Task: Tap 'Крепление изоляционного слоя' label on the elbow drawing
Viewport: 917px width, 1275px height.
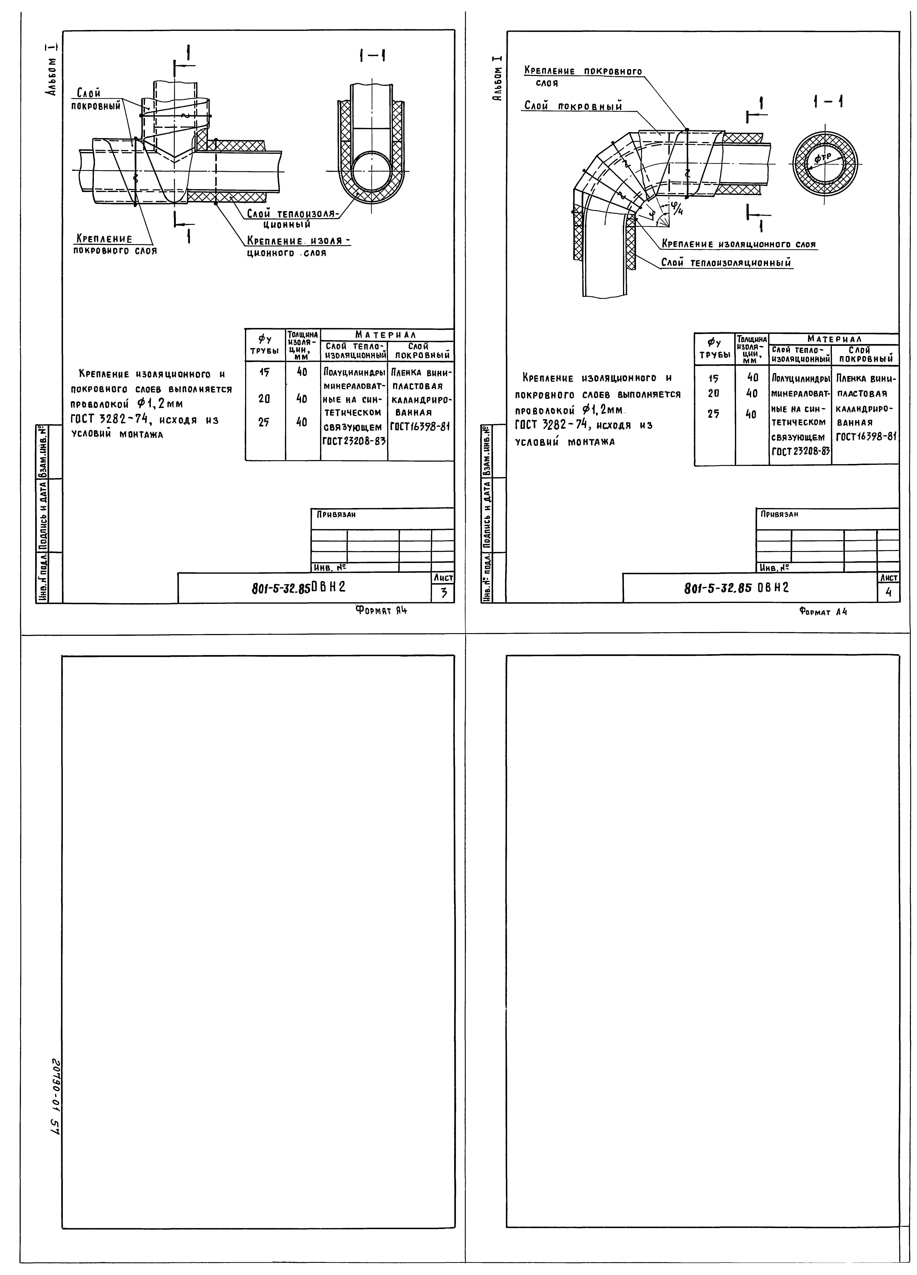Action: [x=739, y=244]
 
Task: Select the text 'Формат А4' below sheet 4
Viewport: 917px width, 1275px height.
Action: [x=823, y=612]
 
